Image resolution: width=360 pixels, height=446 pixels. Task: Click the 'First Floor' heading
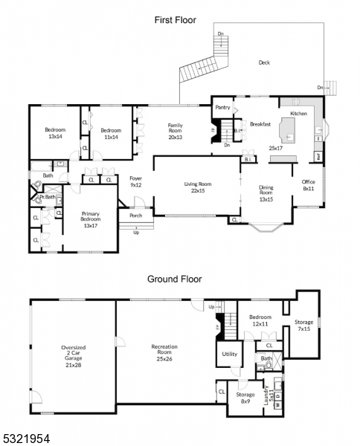coord(175,20)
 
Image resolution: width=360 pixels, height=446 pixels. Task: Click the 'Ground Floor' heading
coord(175,279)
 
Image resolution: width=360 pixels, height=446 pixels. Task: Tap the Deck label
coord(264,62)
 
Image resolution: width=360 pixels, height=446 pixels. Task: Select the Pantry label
coord(222,107)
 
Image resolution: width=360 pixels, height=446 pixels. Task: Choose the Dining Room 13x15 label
coord(266,193)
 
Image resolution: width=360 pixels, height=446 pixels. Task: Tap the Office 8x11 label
coord(308,185)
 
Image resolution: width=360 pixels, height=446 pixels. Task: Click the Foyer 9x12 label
coord(135,181)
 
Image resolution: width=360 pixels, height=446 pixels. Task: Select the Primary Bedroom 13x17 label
coord(90,219)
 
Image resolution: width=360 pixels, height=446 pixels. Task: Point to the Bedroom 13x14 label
coord(54,132)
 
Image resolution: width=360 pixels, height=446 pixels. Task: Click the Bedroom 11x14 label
coord(110,132)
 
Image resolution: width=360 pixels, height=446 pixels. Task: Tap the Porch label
coord(135,216)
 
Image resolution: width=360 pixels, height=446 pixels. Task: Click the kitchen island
coord(287,132)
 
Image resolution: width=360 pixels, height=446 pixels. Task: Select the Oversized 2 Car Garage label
coord(72,355)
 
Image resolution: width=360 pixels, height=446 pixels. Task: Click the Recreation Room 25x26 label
coord(164,355)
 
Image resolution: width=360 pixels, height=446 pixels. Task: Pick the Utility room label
coord(229,354)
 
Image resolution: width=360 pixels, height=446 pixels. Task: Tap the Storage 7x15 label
coord(303,326)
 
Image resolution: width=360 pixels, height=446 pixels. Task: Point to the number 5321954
coord(25,439)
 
